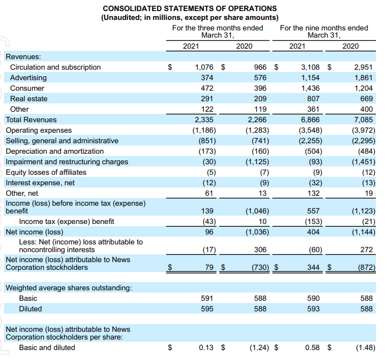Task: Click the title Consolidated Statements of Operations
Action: point(190,9)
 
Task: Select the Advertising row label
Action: point(28,77)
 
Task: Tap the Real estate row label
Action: point(29,98)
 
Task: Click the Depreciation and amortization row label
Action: point(54,151)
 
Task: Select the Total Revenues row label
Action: point(31,119)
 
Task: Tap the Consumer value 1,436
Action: point(310,88)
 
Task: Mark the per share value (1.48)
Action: point(365,348)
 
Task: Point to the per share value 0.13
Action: point(206,348)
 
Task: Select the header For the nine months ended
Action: point(324,28)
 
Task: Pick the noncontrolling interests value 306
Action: point(260,250)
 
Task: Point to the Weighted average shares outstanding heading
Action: point(69,288)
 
